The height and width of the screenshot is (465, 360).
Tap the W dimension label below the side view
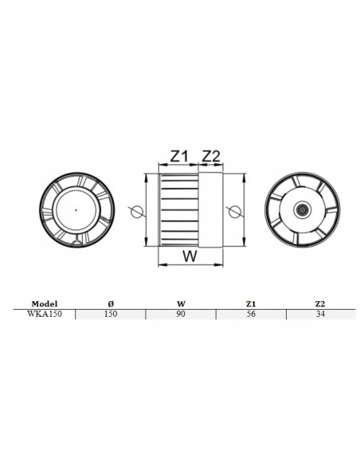190,256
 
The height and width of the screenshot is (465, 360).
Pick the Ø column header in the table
110,303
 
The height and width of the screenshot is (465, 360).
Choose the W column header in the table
181,303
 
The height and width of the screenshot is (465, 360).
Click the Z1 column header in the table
251,303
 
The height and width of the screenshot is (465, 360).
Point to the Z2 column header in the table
321,303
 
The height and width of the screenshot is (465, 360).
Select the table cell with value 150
110,315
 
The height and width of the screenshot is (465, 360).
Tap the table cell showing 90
181,315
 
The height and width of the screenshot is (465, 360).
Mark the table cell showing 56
251,315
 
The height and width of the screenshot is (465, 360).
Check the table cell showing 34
321,315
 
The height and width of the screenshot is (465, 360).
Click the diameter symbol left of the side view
136,211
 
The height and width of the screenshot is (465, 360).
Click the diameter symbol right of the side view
233,211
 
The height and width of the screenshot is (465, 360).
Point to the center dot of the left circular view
76,209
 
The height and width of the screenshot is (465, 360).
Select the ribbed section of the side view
179,209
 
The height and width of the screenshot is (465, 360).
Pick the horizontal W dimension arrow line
190,266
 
